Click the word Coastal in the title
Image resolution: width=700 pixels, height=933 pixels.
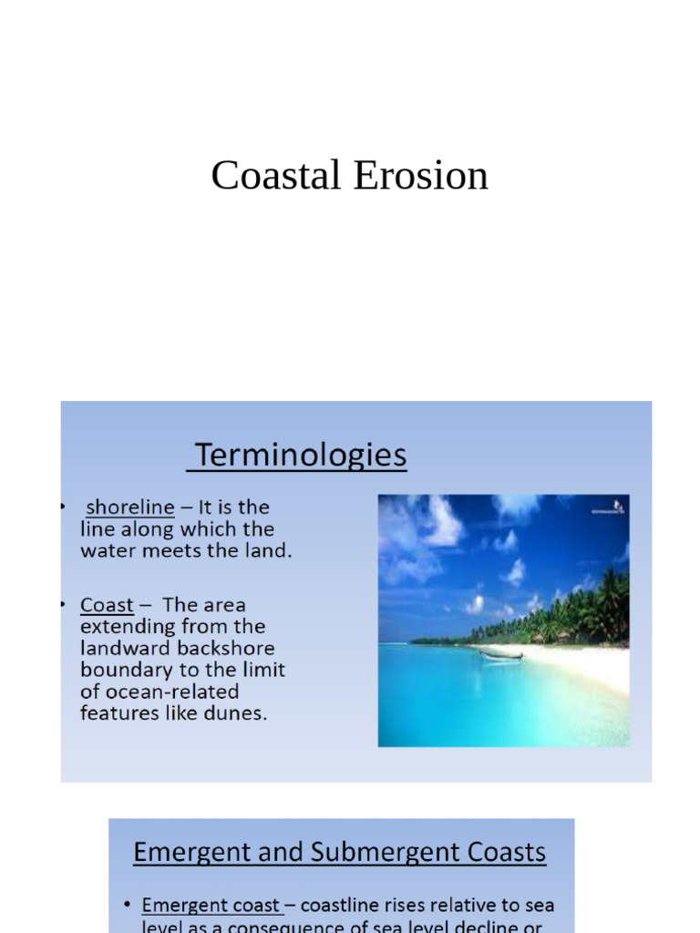point(277,175)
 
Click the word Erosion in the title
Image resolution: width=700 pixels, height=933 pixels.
point(420,175)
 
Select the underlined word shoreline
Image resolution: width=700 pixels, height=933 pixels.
point(129,508)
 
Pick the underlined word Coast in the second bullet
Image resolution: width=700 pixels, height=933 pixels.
point(107,606)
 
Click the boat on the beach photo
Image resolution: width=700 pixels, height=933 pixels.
point(500,653)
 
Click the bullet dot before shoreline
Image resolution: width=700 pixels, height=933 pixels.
point(63,506)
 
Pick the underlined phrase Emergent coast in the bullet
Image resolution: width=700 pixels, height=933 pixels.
point(212,906)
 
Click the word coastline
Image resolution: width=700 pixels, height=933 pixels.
point(341,906)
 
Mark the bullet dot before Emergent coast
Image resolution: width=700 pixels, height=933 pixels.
point(127,906)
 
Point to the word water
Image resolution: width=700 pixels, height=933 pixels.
point(108,551)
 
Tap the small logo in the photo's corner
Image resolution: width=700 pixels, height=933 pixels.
point(617,506)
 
